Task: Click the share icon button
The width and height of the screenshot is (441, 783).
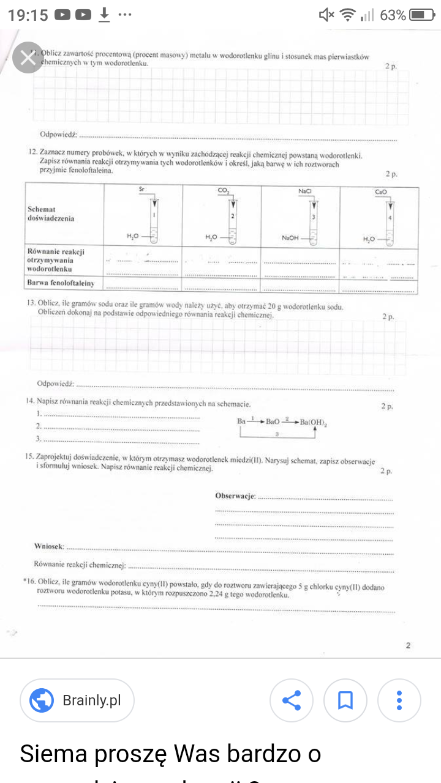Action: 292,700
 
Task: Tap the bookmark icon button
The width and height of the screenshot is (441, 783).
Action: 345,700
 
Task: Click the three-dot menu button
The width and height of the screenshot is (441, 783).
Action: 399,700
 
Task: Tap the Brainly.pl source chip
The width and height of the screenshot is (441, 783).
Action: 77,700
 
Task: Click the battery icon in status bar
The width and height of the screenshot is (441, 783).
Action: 422,15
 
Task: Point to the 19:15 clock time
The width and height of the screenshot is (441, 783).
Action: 28,15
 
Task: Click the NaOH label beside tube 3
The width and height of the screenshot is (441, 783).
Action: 290,238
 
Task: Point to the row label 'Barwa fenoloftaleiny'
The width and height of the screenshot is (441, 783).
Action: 61,283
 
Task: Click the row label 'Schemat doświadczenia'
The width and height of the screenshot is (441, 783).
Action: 50,213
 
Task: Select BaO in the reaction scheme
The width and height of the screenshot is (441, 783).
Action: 273,421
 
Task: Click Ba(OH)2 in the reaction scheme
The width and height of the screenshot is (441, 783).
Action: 314,422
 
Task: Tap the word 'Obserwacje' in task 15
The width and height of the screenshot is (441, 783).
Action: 235,495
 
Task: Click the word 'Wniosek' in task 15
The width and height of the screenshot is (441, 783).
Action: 49,546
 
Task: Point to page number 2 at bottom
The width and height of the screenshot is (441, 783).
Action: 408,645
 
